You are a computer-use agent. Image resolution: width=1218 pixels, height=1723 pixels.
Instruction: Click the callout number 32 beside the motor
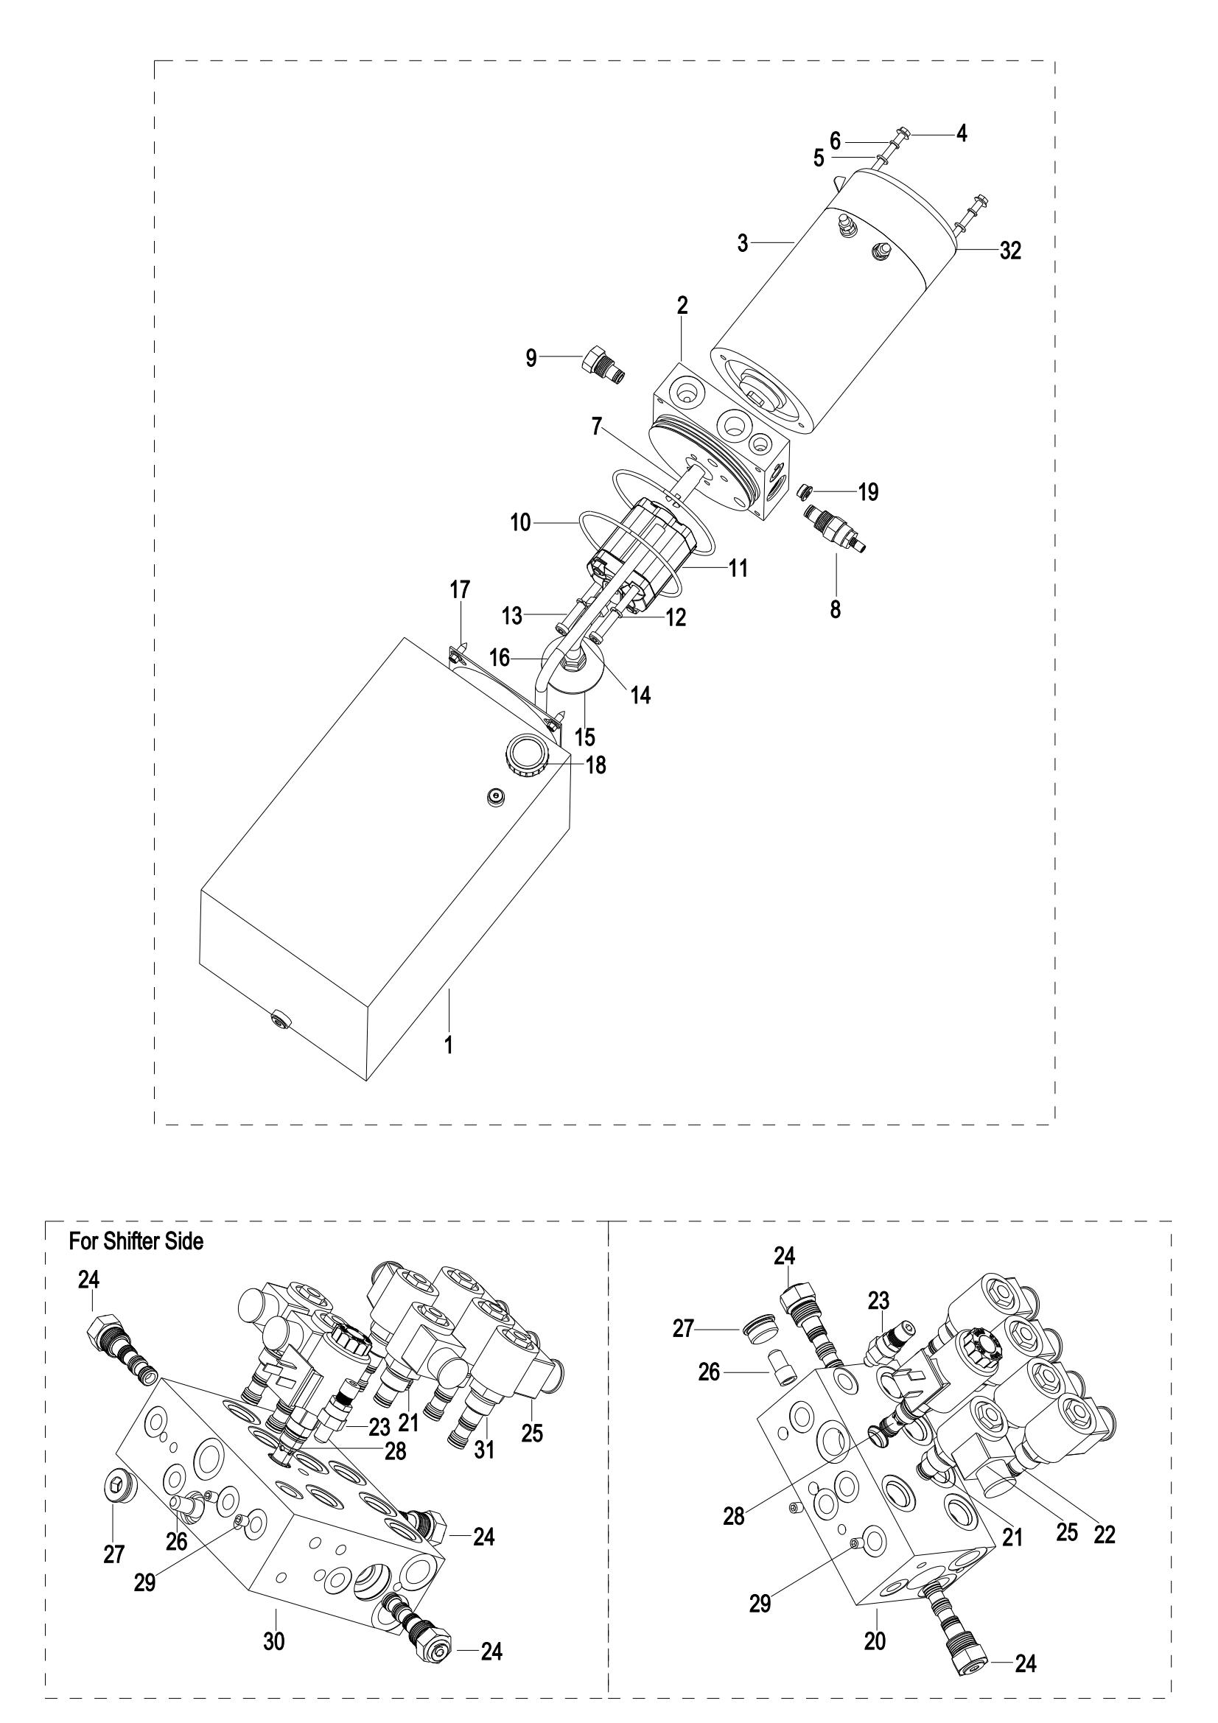[x=1010, y=250]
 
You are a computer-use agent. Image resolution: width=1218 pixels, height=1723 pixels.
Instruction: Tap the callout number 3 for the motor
[x=742, y=244]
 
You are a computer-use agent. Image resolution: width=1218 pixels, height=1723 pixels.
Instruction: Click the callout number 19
[x=868, y=492]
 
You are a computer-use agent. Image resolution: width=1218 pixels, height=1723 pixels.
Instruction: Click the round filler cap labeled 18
[x=527, y=759]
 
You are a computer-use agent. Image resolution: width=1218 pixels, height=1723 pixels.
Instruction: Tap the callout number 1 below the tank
[x=449, y=1045]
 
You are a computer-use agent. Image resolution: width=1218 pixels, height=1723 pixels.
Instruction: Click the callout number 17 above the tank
[x=460, y=591]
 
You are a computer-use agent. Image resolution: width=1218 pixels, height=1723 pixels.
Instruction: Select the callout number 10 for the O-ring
[x=521, y=523]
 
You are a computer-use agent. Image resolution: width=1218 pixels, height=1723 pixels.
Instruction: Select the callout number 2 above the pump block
[x=682, y=306]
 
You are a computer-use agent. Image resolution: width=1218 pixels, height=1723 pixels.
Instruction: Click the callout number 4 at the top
[x=962, y=134]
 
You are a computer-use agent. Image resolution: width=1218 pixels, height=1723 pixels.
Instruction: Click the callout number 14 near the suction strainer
[x=640, y=695]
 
